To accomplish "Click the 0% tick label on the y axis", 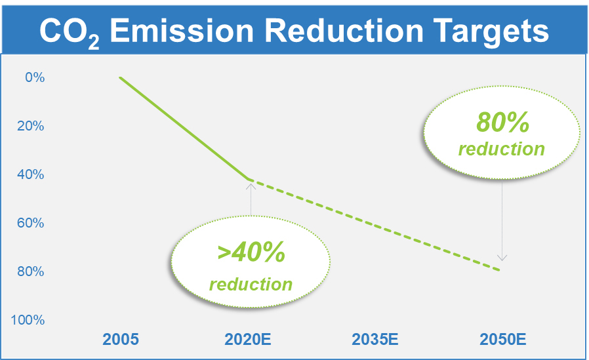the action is click(35, 77).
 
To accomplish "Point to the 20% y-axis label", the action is click(30, 126).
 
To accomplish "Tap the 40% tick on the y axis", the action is click(30, 174).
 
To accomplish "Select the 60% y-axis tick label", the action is click(30, 223).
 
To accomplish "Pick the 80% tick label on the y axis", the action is click(30, 271).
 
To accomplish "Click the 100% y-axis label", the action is click(28, 320).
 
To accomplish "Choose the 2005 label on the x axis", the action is click(121, 340).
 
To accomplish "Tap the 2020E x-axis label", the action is click(247, 340).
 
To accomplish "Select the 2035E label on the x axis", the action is click(375, 340).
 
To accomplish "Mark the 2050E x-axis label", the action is click(502, 340).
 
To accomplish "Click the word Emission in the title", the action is click(182, 31).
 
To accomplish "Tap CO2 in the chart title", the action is click(70, 33).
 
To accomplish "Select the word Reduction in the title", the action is click(344, 31).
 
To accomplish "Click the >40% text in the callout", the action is click(251, 252).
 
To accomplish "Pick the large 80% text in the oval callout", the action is click(502, 122).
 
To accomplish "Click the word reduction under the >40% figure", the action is click(251, 284).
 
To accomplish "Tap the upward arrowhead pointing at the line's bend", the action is click(251, 186).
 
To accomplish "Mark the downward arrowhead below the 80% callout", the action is click(502, 258).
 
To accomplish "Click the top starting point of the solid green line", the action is click(120, 78).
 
